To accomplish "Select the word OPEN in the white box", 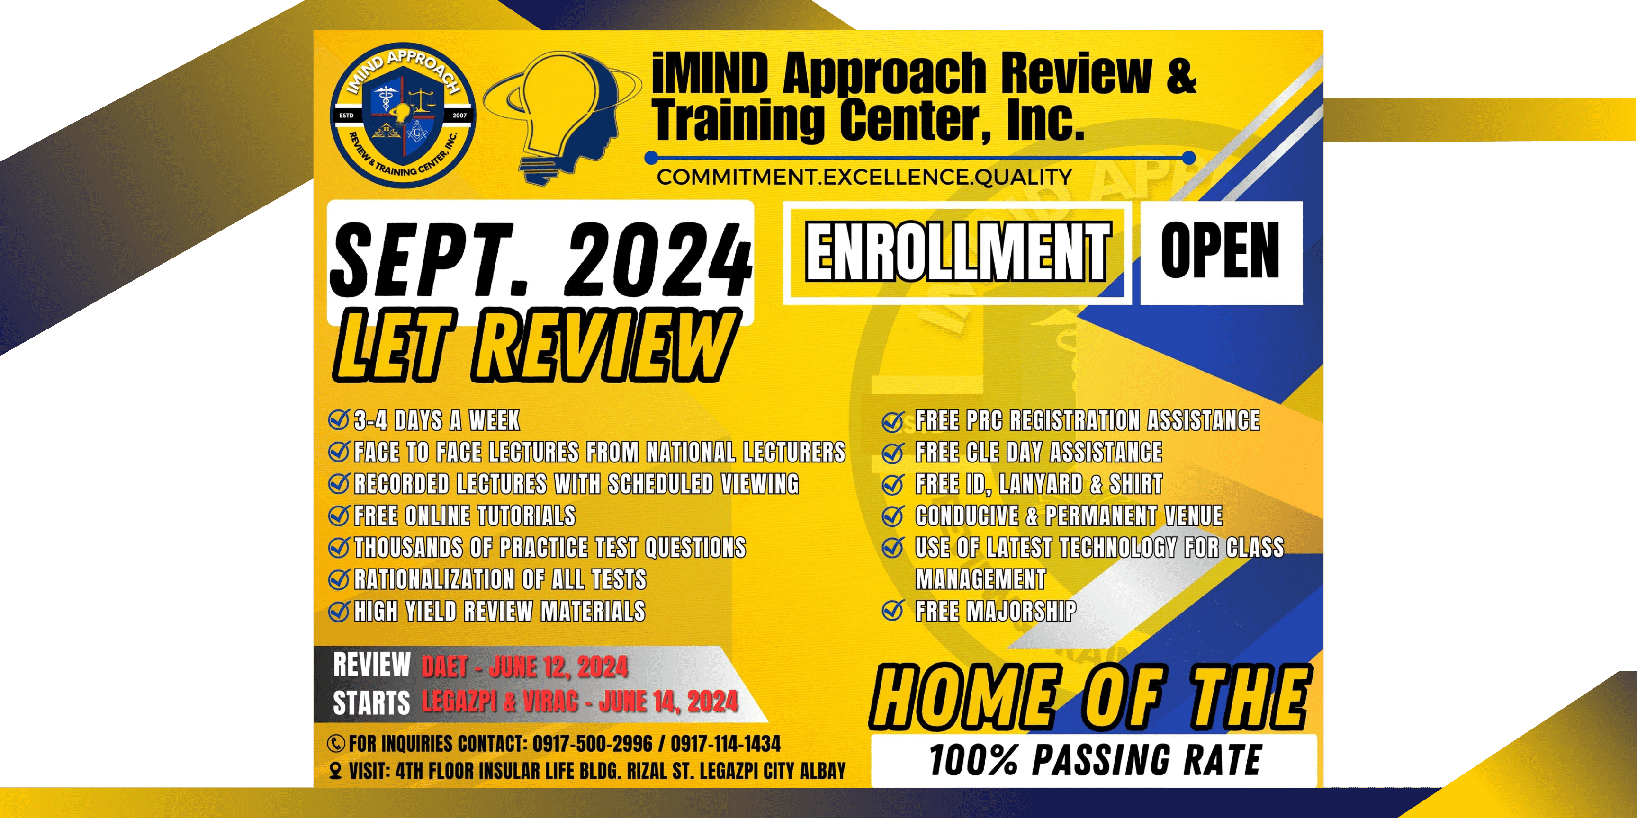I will pyautogui.click(x=1220, y=252).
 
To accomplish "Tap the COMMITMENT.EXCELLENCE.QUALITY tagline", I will pyautogui.click(x=864, y=177).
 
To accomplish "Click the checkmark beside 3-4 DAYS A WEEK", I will pyautogui.click(x=339, y=420).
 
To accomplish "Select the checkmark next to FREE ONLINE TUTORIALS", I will pyautogui.click(x=339, y=515).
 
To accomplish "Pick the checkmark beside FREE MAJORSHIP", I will pyautogui.click(x=893, y=611).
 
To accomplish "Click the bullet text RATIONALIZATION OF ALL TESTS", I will pyautogui.click(x=500, y=579).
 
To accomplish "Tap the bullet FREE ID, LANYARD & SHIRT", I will pyautogui.click(x=1038, y=484).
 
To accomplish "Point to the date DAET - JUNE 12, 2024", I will pyautogui.click(x=525, y=667).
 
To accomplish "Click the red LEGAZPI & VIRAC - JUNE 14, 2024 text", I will pyautogui.click(x=580, y=702).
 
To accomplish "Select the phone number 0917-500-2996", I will pyautogui.click(x=592, y=744).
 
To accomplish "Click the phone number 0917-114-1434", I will pyautogui.click(x=725, y=744).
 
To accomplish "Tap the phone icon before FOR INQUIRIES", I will pyautogui.click(x=335, y=744).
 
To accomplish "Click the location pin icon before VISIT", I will pyautogui.click(x=335, y=771).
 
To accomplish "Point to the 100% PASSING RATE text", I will pyautogui.click(x=1094, y=760).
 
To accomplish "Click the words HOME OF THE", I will pyautogui.click(x=1089, y=697).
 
